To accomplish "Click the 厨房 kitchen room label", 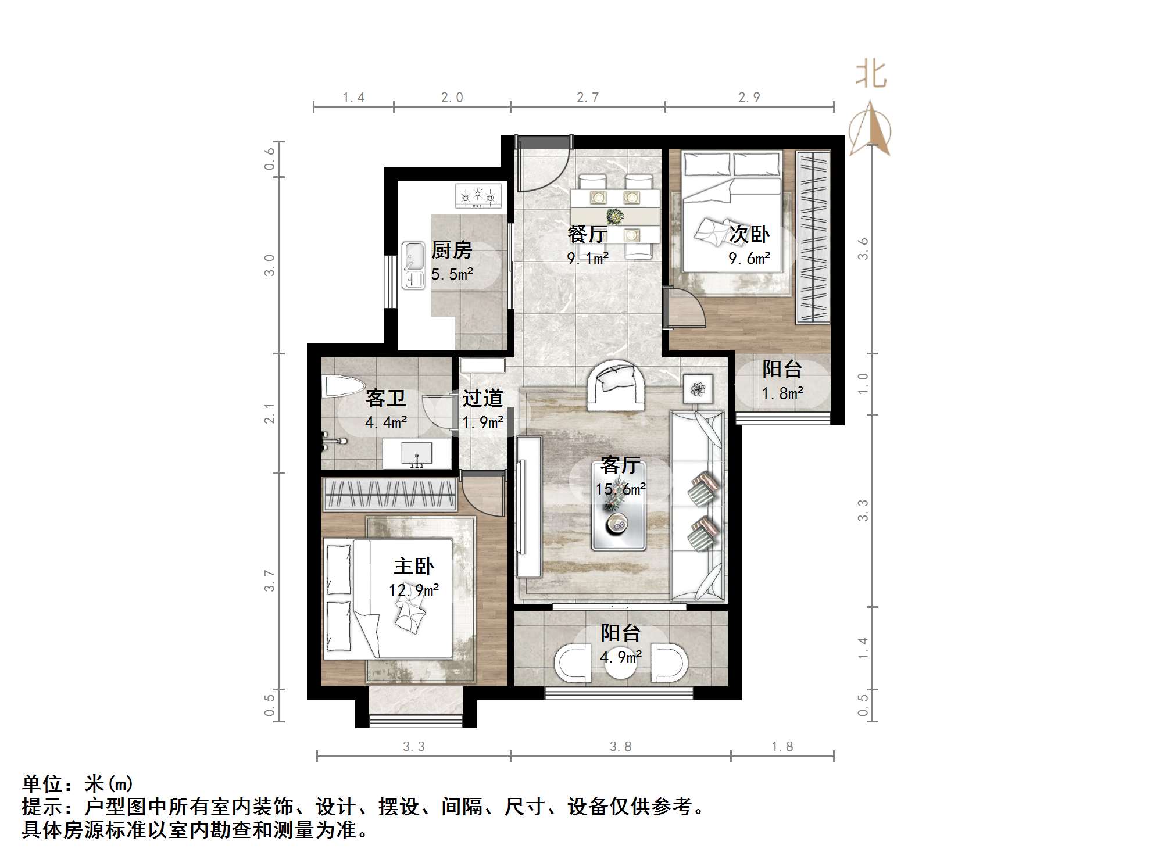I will point(452,250).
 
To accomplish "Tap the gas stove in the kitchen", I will point(478,196).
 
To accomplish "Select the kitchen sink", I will point(413,266).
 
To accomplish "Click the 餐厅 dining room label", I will point(587,234).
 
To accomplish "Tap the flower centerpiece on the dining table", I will point(614,216).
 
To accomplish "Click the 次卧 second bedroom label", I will point(749,234).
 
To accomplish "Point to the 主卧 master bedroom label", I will point(414,566).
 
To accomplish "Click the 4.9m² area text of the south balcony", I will point(620,657).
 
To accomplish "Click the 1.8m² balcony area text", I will point(782,393).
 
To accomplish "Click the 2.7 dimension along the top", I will point(588,98).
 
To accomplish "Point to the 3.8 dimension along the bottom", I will point(620,747).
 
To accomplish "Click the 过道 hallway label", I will point(482,398).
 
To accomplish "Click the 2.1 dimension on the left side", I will point(270,413).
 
